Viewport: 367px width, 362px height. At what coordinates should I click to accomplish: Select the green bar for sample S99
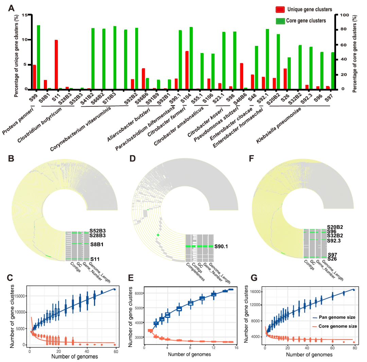[38, 57]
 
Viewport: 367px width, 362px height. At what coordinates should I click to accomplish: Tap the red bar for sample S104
[187, 70]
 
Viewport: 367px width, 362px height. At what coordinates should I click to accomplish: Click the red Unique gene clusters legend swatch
[280, 10]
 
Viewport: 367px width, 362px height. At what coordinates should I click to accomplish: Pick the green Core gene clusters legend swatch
[280, 21]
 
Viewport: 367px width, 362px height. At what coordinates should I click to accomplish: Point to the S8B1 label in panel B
[97, 244]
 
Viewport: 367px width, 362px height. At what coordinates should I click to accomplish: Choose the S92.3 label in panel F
[334, 241]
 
